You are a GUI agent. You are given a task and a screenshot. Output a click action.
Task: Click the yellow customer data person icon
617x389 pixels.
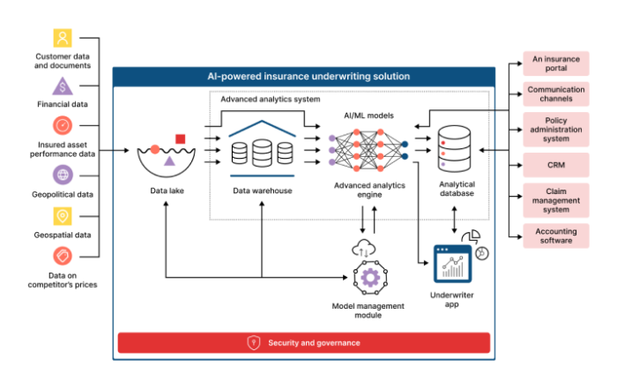coord(63,38)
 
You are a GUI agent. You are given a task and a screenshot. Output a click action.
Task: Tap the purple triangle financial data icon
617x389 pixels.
coord(63,86)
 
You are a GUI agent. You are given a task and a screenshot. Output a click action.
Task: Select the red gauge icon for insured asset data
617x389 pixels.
coord(63,125)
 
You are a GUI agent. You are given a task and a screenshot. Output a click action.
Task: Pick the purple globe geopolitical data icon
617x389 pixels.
coord(63,175)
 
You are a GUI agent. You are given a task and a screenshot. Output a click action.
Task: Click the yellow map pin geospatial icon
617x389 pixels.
coord(63,216)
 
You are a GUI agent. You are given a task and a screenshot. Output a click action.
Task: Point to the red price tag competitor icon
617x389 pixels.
coord(63,257)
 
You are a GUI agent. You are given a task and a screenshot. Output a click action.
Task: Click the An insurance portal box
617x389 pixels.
coord(556,64)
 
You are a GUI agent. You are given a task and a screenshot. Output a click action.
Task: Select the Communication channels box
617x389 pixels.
coord(556,94)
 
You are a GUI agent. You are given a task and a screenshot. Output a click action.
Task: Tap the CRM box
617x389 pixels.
coord(556,165)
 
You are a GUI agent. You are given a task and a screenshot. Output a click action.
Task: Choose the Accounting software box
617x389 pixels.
coord(556,236)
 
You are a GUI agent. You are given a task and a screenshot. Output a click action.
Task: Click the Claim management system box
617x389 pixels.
coord(556,200)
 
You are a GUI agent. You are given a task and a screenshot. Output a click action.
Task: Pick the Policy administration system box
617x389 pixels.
coord(556,130)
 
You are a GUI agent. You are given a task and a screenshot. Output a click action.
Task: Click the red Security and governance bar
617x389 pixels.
coord(304,342)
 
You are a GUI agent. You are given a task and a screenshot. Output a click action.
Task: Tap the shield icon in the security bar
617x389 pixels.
coord(254,342)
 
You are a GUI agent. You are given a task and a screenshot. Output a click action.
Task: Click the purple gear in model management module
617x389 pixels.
coord(370,278)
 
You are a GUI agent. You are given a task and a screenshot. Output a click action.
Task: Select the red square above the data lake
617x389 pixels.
coord(180,139)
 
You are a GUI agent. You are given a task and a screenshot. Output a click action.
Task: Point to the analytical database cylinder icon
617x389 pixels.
coord(454,149)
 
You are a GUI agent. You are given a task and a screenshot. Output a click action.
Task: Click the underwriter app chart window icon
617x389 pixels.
coord(452,264)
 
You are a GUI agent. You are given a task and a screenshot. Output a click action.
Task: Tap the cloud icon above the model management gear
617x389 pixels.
coord(363,248)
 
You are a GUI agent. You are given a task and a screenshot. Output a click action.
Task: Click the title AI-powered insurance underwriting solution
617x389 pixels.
coord(308,77)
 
